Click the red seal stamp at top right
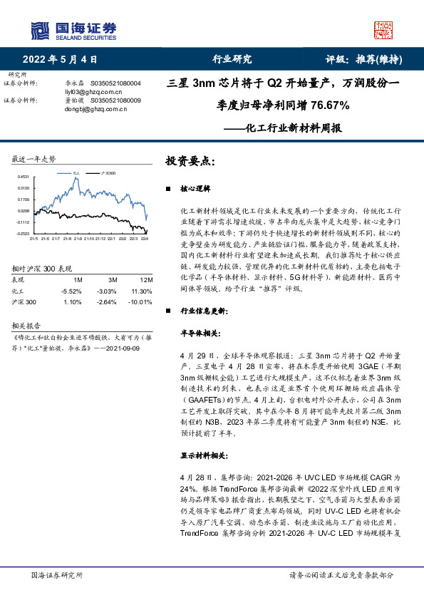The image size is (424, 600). tap(384, 29)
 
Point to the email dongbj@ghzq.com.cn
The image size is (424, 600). tap(93, 109)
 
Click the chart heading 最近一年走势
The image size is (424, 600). tap(34, 158)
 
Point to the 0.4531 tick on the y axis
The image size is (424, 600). tap(24, 176)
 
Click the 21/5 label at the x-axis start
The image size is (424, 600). tap(33, 238)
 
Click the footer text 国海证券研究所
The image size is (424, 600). tap(57, 574)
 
